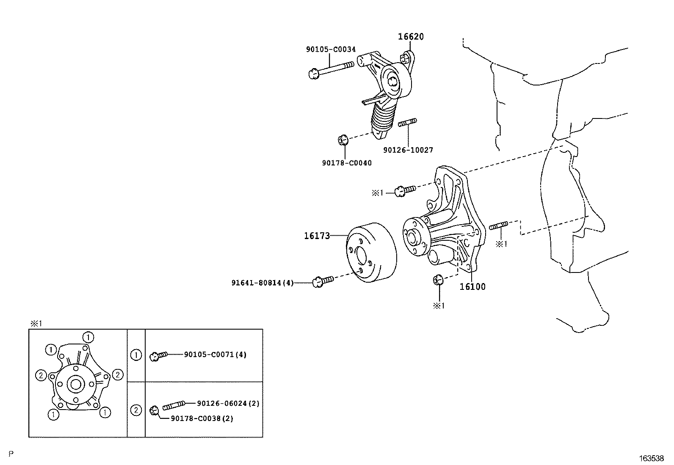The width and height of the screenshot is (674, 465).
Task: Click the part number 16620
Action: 410,37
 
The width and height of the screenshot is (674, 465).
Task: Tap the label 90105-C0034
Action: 331,50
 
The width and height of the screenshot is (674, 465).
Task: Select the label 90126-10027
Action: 408,150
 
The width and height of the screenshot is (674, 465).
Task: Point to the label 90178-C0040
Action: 346,163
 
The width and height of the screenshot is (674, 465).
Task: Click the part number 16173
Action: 317,236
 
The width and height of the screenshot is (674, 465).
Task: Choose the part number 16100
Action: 472,286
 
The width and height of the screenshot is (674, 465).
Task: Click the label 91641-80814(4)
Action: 262,282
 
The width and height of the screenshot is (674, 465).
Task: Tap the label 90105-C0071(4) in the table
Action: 215,355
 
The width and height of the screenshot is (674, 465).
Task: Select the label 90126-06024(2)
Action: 228,403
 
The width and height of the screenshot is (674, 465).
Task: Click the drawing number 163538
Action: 652,458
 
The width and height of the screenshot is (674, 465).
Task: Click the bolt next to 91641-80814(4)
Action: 323,281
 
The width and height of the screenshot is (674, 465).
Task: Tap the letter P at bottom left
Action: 11,454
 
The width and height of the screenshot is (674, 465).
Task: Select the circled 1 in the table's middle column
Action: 136,355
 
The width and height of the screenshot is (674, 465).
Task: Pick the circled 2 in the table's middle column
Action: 136,410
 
